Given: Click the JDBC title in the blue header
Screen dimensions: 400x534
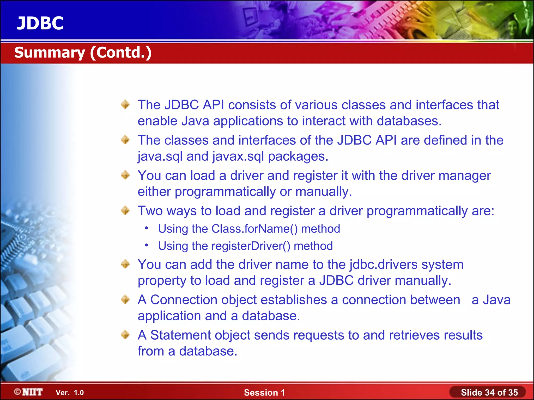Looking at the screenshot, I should (40, 23).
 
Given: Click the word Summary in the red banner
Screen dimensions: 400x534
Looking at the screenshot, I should (50, 53).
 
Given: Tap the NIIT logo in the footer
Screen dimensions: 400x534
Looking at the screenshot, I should (29, 392).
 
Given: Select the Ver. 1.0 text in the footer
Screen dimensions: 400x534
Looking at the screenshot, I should (70, 392).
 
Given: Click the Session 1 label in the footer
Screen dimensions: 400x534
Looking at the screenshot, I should (264, 392).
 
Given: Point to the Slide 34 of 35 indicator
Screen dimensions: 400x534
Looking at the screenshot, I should (489, 392).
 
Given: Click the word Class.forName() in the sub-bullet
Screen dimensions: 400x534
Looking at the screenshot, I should (254, 229).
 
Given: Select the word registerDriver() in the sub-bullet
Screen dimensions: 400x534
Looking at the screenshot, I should (251, 246).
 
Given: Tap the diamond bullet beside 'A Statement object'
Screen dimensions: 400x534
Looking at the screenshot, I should (125, 335).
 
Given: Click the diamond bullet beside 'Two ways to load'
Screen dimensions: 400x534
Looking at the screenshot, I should (125, 210).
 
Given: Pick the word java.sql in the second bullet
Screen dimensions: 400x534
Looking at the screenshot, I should (160, 157).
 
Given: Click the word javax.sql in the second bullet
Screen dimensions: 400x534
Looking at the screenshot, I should (238, 157).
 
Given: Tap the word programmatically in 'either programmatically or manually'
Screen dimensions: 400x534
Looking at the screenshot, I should (225, 192).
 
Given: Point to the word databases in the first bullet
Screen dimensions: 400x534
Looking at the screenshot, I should (409, 121).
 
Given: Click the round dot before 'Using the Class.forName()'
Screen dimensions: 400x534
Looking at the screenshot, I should (147, 228).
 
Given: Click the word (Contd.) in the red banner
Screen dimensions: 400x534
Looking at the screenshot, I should (121, 53).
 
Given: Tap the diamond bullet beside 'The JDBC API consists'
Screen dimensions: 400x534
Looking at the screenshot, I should (125, 104).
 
